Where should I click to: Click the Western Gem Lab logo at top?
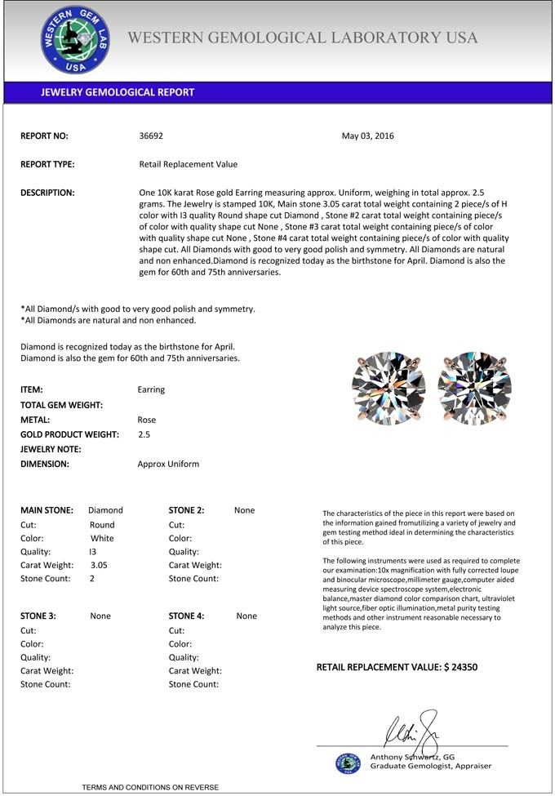75,40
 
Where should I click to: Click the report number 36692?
152,136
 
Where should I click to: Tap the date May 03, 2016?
367,136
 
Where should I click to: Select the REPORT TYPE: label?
47,164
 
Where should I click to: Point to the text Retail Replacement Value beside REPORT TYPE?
189,164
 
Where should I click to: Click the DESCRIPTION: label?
47,193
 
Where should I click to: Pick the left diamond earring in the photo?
388,388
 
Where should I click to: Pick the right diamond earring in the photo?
474,388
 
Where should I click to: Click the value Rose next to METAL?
147,420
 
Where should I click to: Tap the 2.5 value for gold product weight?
144,434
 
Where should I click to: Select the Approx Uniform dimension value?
168,464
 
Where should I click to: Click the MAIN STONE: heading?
47,510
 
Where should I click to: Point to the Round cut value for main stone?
102,525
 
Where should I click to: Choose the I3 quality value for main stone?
93,552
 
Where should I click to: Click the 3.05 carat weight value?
99,565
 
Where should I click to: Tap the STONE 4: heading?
187,616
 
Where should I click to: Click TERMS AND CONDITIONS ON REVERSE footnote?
150,787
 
